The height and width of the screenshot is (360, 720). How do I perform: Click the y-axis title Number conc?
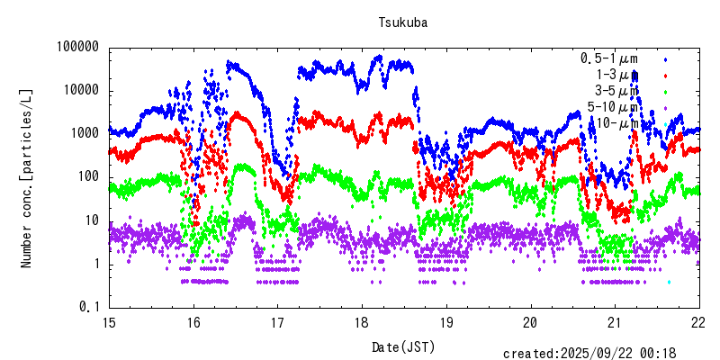(x=27, y=178)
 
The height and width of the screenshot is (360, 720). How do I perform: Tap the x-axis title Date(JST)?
(x=403, y=346)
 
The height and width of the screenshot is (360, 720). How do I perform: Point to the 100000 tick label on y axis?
(x=76, y=48)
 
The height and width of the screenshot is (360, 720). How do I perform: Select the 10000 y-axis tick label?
(x=79, y=91)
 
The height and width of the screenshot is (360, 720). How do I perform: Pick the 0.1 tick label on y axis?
(x=90, y=307)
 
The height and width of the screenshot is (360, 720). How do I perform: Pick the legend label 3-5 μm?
(x=617, y=91)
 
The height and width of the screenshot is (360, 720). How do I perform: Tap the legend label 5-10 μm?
(x=614, y=107)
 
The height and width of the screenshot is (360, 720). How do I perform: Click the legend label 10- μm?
(x=617, y=123)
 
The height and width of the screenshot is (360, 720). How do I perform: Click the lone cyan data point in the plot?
(x=669, y=282)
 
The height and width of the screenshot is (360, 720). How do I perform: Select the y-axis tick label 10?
(x=90, y=220)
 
